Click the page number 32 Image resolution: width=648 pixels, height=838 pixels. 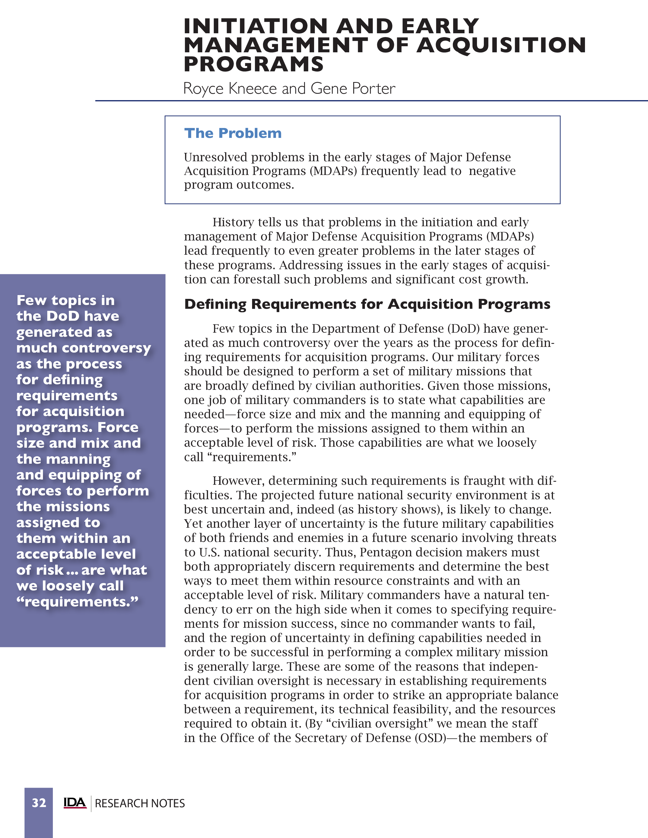[39, 803]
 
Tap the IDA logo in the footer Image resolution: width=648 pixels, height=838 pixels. [75, 803]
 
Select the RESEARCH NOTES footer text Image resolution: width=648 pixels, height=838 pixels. [140, 803]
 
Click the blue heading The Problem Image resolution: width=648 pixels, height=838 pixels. [233, 133]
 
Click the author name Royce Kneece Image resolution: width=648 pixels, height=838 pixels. [230, 89]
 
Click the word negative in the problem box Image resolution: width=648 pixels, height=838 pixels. [492, 171]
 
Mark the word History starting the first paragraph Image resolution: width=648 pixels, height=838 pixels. [233, 222]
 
